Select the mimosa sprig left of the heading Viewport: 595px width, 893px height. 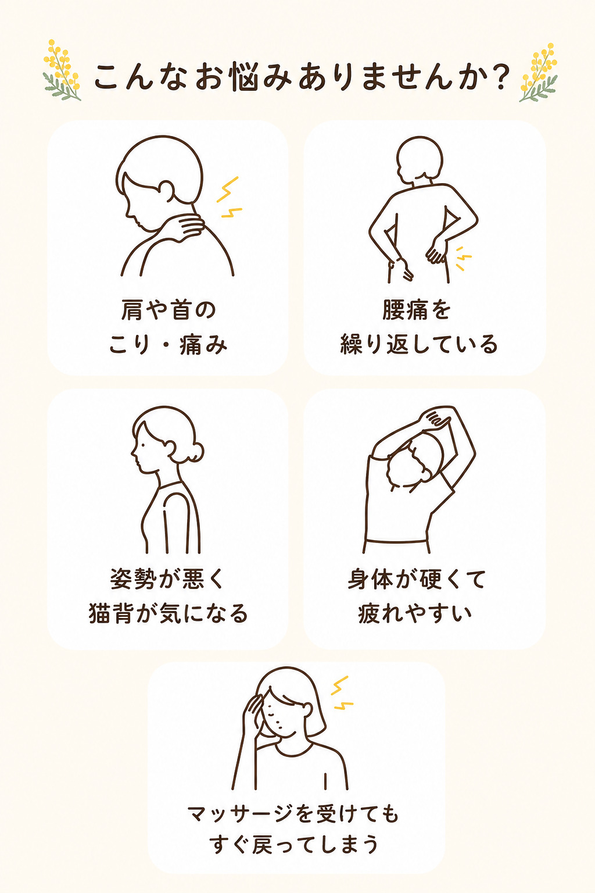point(62,70)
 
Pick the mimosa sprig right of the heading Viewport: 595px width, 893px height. point(539,72)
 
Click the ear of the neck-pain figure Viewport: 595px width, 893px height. point(166,190)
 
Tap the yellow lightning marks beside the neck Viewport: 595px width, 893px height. point(229,197)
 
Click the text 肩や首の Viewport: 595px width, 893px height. point(168,310)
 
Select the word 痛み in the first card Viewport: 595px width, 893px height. point(203,345)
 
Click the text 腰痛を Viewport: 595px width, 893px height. point(417,310)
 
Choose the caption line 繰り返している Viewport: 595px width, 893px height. point(419,344)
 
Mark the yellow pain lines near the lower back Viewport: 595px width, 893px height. point(463,258)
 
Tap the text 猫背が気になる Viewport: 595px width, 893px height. point(168,613)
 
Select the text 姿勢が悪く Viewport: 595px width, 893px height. point(168,579)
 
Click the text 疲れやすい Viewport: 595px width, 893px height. point(415,613)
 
